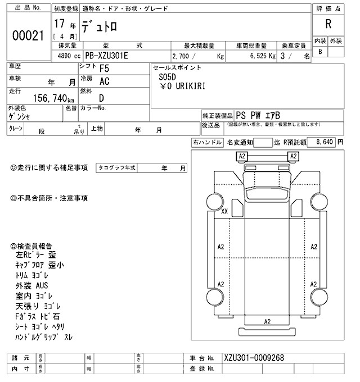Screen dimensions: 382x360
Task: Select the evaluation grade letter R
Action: coord(328,24)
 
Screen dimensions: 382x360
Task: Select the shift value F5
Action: coord(104,70)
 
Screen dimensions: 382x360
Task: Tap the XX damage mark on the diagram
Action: coord(224,212)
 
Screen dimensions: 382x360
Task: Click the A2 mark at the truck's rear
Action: coord(268,321)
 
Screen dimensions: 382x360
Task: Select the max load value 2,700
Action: coord(182,57)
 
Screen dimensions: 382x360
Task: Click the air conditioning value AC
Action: coord(104,81)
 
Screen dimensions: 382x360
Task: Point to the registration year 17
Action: coord(59,25)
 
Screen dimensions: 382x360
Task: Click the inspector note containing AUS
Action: coord(33,285)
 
